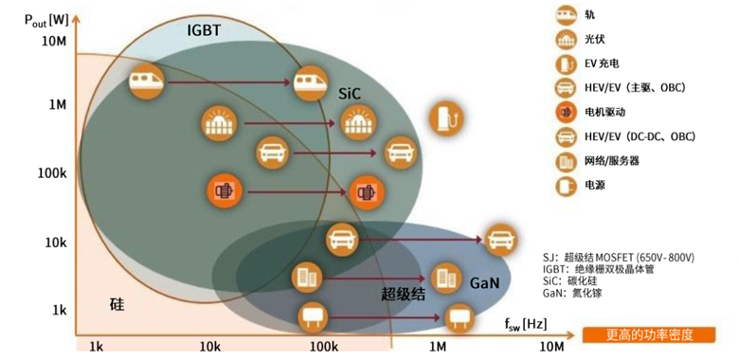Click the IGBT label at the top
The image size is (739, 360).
tap(204, 30)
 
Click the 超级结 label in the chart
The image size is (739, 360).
tap(402, 294)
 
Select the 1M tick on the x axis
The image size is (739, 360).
tap(440, 346)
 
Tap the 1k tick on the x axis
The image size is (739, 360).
tap(96, 346)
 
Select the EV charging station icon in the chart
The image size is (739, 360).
tap(445, 117)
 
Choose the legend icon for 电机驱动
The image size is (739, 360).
tap(568, 112)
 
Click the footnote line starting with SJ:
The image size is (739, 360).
tap(618, 257)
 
